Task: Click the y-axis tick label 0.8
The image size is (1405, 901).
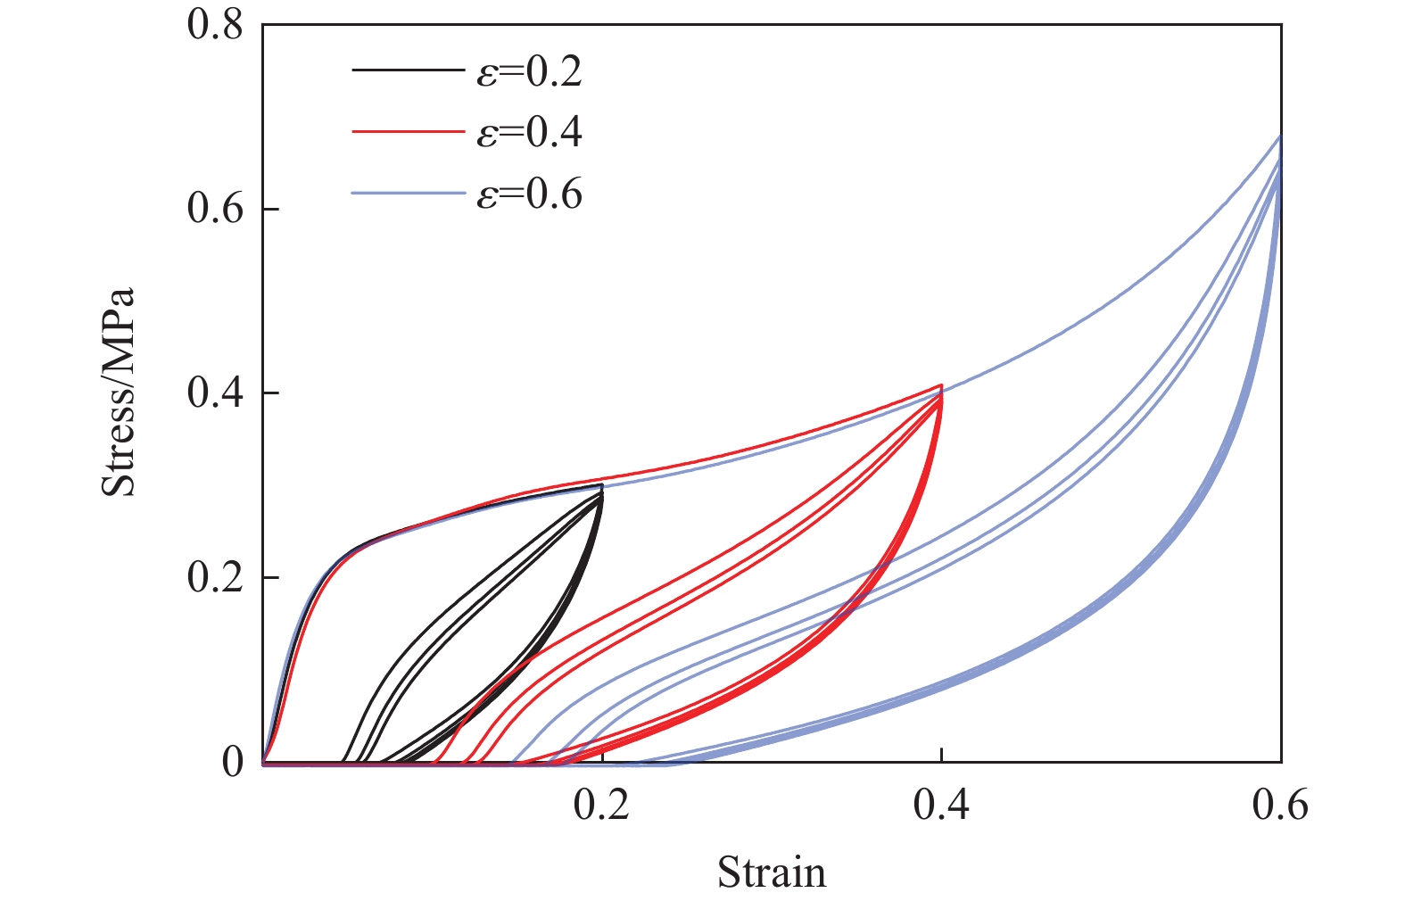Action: pos(215,24)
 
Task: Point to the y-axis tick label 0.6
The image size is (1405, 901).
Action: pos(215,209)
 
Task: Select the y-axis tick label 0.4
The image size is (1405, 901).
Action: pos(215,393)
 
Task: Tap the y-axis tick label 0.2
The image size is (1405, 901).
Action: pos(215,578)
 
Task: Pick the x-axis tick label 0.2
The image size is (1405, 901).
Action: pos(602,805)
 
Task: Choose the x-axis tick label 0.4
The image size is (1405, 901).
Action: pos(941,805)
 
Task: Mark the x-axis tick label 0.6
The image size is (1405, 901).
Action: pos(1280,805)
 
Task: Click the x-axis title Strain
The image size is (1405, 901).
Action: pos(772,872)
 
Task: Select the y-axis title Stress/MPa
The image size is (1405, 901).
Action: pos(118,393)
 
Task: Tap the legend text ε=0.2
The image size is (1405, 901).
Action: pos(529,70)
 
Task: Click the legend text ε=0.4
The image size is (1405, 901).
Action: pos(529,132)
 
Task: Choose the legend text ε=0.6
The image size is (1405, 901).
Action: pos(529,193)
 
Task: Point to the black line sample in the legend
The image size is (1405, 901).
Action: pos(408,70)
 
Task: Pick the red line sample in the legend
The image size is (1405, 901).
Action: pos(408,132)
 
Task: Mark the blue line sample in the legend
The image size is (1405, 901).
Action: pos(408,193)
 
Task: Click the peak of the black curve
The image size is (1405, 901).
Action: pos(602,484)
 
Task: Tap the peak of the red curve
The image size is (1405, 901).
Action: pos(941,385)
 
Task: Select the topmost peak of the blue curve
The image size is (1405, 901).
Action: pos(1280,136)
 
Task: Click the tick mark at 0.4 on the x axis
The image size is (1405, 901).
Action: pos(941,757)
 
